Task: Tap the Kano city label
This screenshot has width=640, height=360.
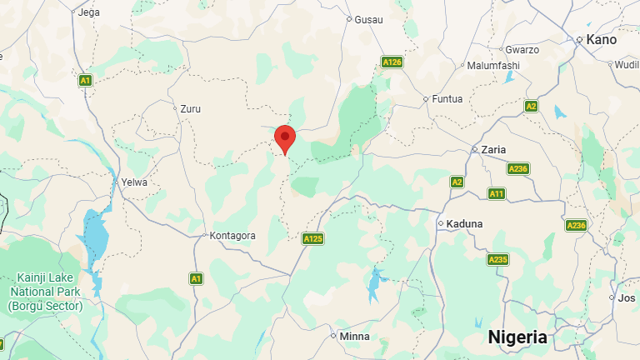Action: (601, 39)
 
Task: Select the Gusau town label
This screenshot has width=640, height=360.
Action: (368, 18)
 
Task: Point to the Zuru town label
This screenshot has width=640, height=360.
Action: (191, 108)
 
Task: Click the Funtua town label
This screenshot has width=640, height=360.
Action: (446, 98)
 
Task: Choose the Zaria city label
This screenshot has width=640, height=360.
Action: (493, 150)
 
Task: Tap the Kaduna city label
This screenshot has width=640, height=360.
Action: (464, 223)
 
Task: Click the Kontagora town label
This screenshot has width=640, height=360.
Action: (232, 236)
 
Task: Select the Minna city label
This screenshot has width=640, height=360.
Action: (354, 337)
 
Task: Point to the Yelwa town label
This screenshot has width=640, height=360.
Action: (134, 182)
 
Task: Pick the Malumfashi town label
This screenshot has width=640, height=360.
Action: (493, 66)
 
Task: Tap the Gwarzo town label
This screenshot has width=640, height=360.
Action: (522, 49)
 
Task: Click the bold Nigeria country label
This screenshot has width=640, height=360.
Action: (517, 337)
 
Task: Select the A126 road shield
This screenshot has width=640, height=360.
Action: (392, 62)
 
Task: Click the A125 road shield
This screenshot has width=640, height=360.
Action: (312, 239)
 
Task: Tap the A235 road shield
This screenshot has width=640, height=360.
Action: (497, 260)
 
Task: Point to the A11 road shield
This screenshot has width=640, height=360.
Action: (497, 193)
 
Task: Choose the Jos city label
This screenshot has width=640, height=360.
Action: (627, 297)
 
